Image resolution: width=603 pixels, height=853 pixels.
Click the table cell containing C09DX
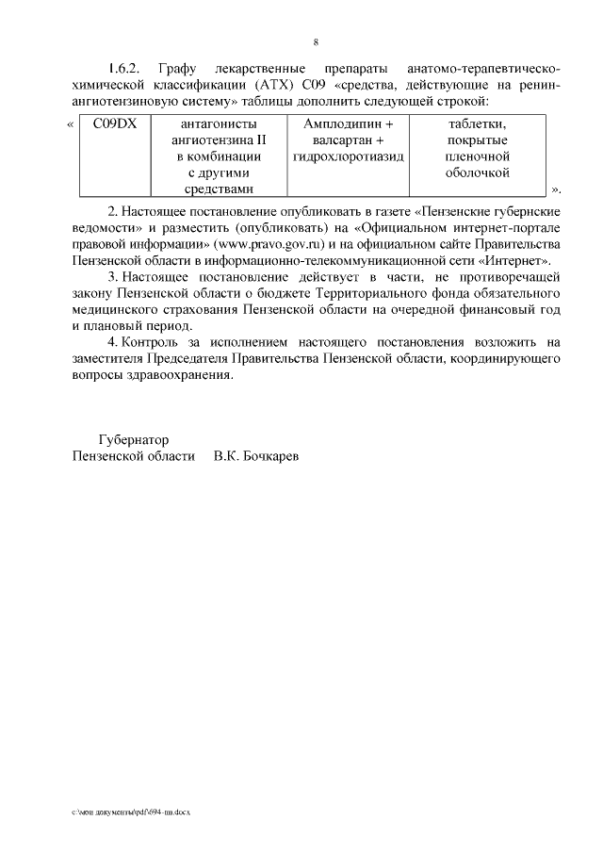tap(115, 123)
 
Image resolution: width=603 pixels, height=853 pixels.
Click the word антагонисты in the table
tap(218, 123)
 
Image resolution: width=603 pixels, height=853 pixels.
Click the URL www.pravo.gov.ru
tap(271, 244)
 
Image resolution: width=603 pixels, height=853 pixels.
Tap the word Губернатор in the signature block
tap(134, 439)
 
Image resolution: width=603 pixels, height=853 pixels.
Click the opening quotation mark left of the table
tap(73, 123)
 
